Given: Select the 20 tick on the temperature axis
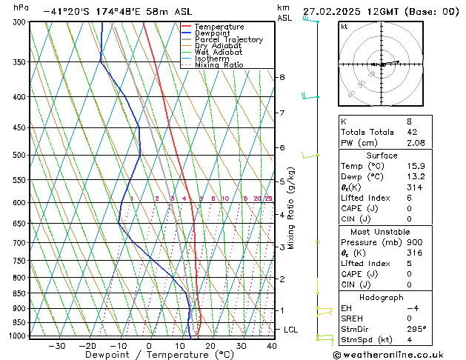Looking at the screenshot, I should click(210, 346).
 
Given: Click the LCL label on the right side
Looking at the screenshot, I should click(291, 329).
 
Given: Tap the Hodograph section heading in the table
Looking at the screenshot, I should click(382, 297).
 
